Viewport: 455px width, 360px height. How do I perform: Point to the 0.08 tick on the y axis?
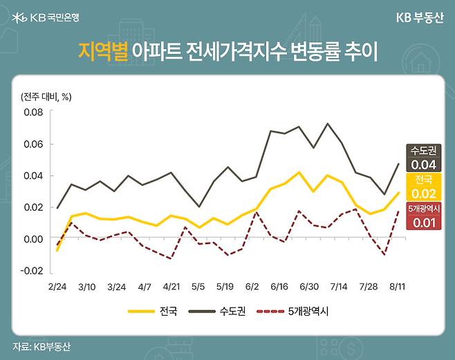[32, 112]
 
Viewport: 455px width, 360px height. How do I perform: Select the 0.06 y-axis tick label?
[32, 144]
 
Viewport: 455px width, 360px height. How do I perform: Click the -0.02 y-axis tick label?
[31, 270]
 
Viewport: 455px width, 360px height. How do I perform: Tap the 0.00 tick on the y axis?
[32, 238]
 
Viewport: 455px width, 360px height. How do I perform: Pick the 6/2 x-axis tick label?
[251, 285]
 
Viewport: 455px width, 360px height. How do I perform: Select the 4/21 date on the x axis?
[170, 285]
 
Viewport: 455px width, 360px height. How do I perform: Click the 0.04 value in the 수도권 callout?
[423, 165]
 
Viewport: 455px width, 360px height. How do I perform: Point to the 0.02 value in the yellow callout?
[423, 193]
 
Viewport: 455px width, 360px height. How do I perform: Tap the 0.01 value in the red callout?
[423, 222]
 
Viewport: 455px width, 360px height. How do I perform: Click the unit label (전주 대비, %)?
[46, 96]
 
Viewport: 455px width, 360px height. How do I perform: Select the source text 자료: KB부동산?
[42, 346]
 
